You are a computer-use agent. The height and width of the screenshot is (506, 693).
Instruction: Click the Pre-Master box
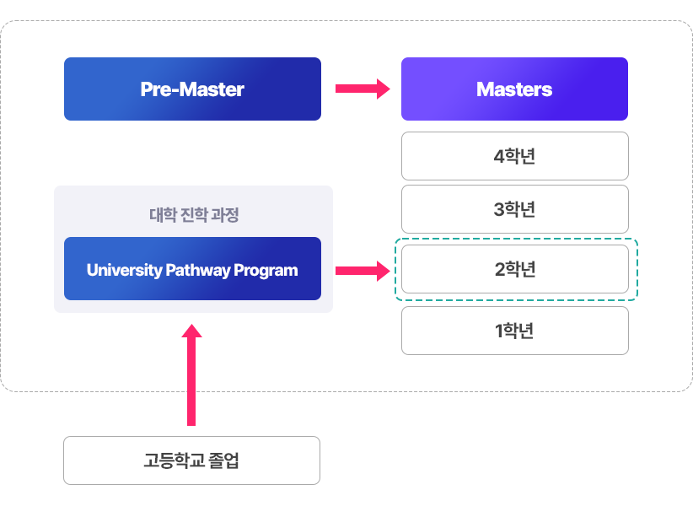(192, 89)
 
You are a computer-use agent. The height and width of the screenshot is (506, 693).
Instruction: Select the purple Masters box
(514, 89)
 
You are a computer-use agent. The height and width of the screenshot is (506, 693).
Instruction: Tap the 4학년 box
(514, 156)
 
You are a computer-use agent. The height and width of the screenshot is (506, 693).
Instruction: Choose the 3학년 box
(514, 209)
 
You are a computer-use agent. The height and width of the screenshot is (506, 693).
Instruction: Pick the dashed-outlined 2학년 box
(514, 270)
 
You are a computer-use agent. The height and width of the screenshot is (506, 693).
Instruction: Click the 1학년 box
(514, 331)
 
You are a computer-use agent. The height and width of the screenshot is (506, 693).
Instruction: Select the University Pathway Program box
(192, 270)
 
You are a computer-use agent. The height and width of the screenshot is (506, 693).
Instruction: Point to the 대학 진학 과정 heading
(194, 215)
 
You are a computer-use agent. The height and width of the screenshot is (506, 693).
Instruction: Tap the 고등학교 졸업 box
(191, 460)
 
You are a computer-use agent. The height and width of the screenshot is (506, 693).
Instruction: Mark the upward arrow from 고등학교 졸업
(192, 375)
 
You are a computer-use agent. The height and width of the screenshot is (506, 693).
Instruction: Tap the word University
(123, 271)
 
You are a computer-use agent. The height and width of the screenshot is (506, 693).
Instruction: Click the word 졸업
(225, 460)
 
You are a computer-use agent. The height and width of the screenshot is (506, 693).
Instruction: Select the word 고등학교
(175, 460)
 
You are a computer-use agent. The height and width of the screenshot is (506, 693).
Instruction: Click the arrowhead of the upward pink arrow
(192, 331)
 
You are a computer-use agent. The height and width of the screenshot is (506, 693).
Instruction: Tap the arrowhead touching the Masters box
(384, 89)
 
